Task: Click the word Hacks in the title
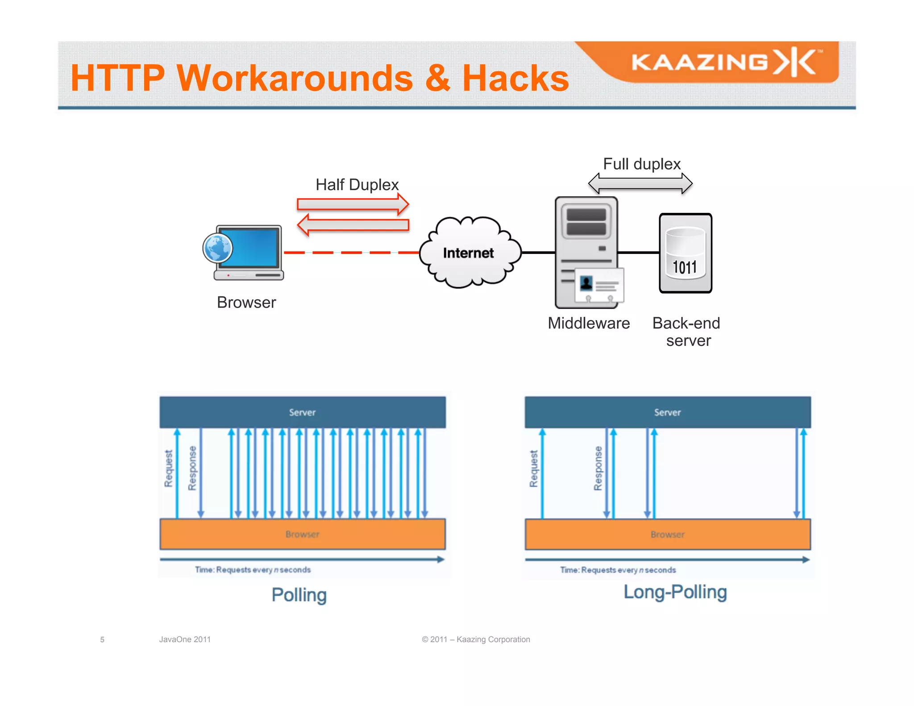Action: pos(515,78)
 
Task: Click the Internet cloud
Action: pos(469,253)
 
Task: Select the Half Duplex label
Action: pos(357,185)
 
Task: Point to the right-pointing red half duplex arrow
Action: pos(353,204)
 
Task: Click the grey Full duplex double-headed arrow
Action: pos(640,183)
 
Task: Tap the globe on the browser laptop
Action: pos(217,248)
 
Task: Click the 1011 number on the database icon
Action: pos(685,267)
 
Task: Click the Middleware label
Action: pos(589,323)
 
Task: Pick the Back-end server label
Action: pos(686,332)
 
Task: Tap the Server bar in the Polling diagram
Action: pos(302,412)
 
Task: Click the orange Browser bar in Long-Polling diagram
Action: pos(667,534)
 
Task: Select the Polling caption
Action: pos(299,595)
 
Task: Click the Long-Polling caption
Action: pos(675,592)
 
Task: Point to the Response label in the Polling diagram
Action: pos(192,468)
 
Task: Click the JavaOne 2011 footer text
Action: pos(185,640)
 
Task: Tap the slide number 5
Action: pos(102,640)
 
